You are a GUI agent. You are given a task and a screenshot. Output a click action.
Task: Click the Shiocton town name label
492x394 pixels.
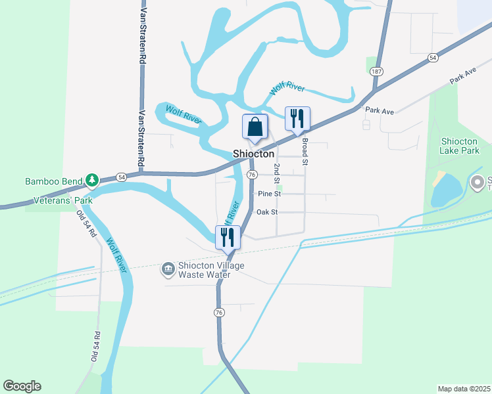tap(253, 154)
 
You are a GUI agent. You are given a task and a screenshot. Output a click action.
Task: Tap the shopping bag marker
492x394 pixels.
tap(255, 126)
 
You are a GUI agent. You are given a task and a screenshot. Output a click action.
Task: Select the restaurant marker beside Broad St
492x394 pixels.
tap(297, 119)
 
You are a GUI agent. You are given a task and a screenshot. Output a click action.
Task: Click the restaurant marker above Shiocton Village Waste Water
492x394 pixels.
tap(228, 237)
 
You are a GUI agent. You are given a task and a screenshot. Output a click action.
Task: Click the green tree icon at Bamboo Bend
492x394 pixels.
tap(93, 179)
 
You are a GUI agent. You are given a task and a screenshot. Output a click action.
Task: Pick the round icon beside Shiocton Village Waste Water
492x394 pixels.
tap(168, 268)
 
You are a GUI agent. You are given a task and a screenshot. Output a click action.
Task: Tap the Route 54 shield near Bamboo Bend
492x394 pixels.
tap(121, 177)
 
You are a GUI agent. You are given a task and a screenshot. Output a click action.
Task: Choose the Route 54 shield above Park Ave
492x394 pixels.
tap(432, 58)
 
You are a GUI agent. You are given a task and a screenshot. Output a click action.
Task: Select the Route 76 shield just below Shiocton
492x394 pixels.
tap(252, 175)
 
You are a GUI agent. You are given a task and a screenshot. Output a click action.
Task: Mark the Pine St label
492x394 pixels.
tap(270, 194)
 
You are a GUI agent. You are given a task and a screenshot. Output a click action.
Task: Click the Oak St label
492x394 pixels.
tap(267, 212)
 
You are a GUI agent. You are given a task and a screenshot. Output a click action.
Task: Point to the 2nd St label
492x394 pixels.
tap(278, 173)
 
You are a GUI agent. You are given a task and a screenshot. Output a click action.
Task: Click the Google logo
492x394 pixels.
tap(22, 386)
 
